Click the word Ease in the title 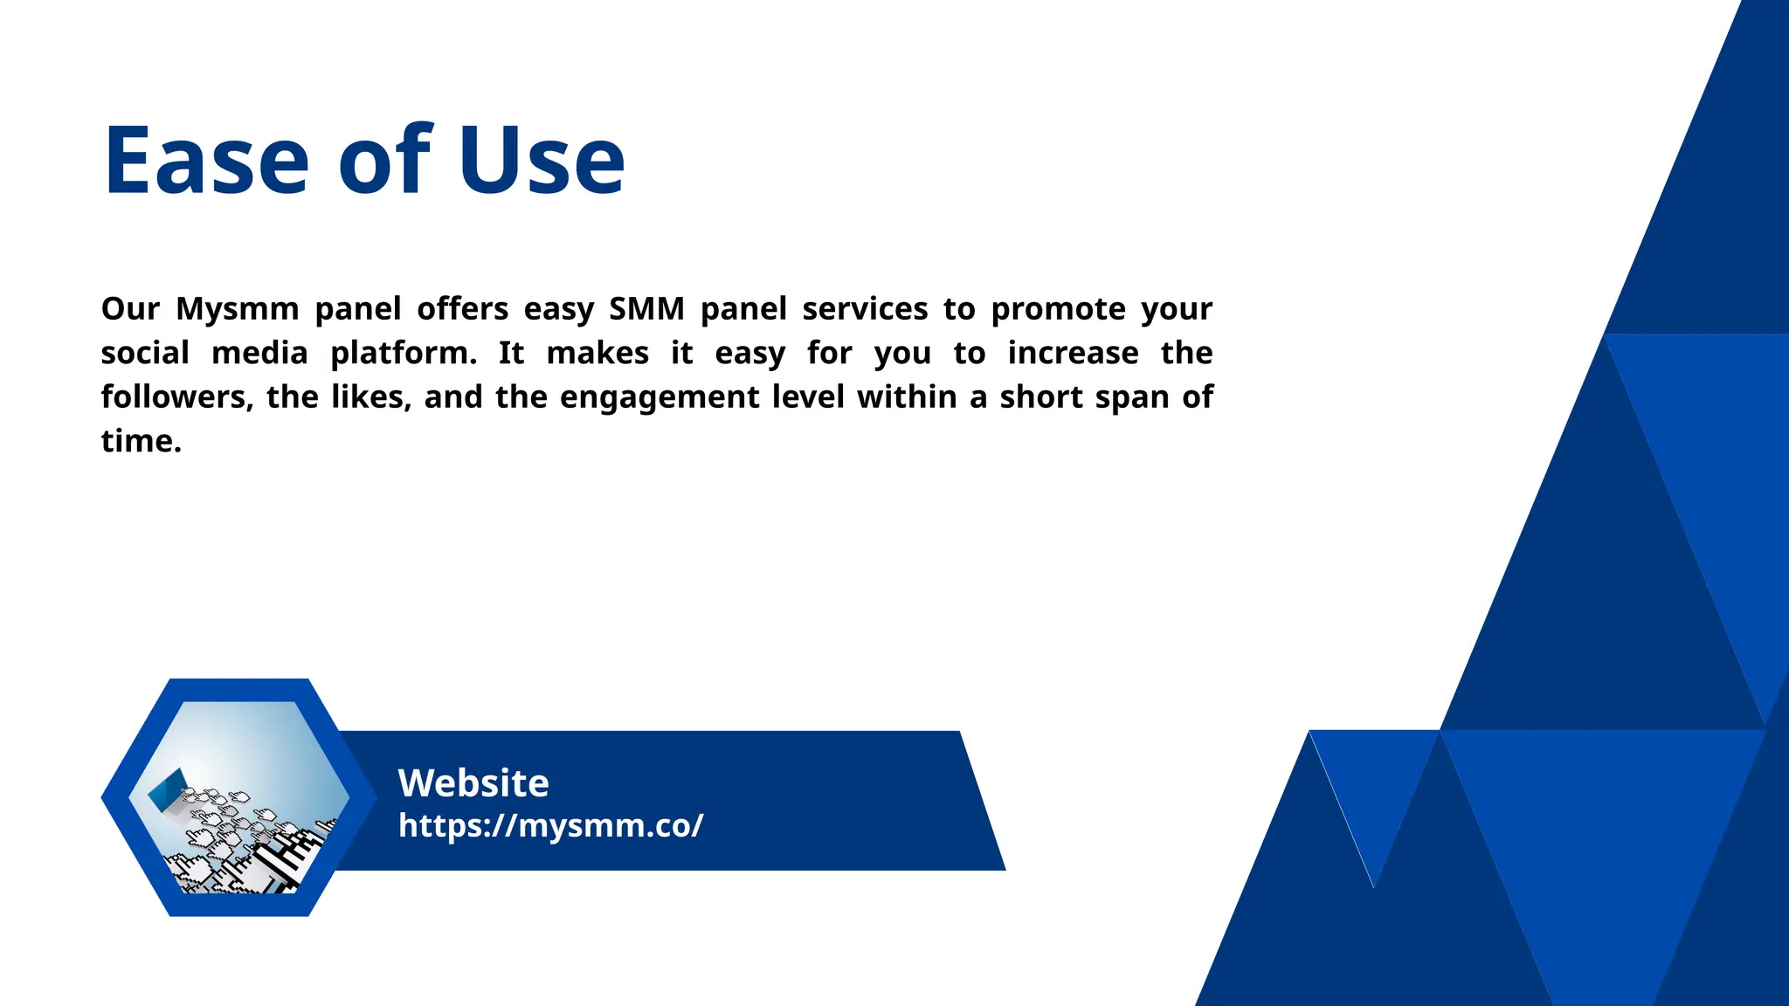coord(206,161)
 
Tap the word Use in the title coord(542,161)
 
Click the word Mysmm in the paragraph coord(238,309)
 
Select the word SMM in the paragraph coord(647,309)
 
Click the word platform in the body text coord(404,354)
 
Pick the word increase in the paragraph coord(1073,353)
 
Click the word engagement coord(660,397)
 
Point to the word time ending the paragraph coord(140,441)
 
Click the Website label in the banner coord(473,783)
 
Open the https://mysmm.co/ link coord(550,825)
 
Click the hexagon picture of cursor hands coord(239,797)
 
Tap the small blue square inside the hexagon coord(169,789)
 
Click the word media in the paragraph coord(259,354)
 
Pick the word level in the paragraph coord(808,397)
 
